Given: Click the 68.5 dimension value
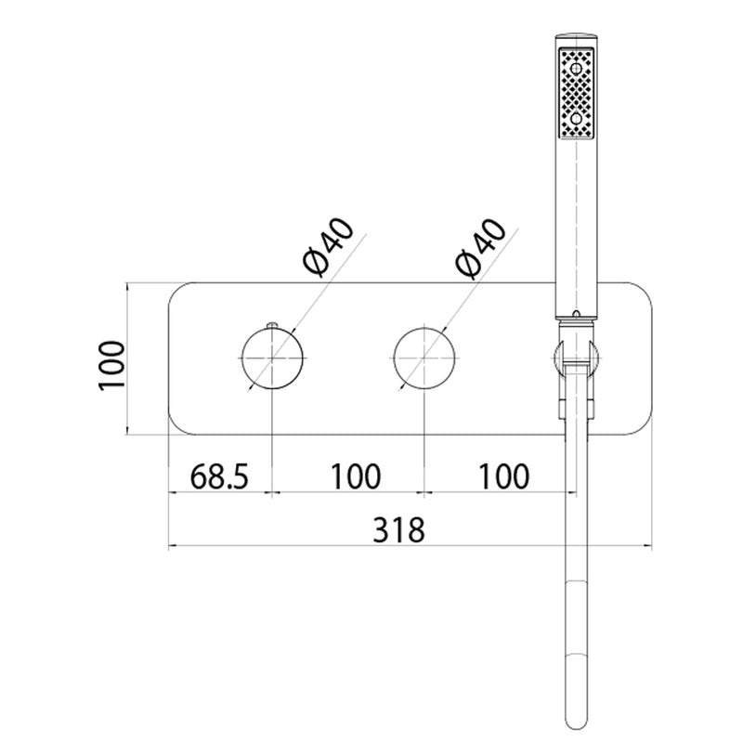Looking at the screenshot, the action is click(219, 476).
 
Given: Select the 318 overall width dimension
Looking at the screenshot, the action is click(398, 529).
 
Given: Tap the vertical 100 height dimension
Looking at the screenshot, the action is click(111, 365).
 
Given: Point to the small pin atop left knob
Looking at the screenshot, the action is click(273, 324).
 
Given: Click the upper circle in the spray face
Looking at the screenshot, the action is click(576, 69).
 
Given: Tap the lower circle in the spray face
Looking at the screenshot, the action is click(576, 118).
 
